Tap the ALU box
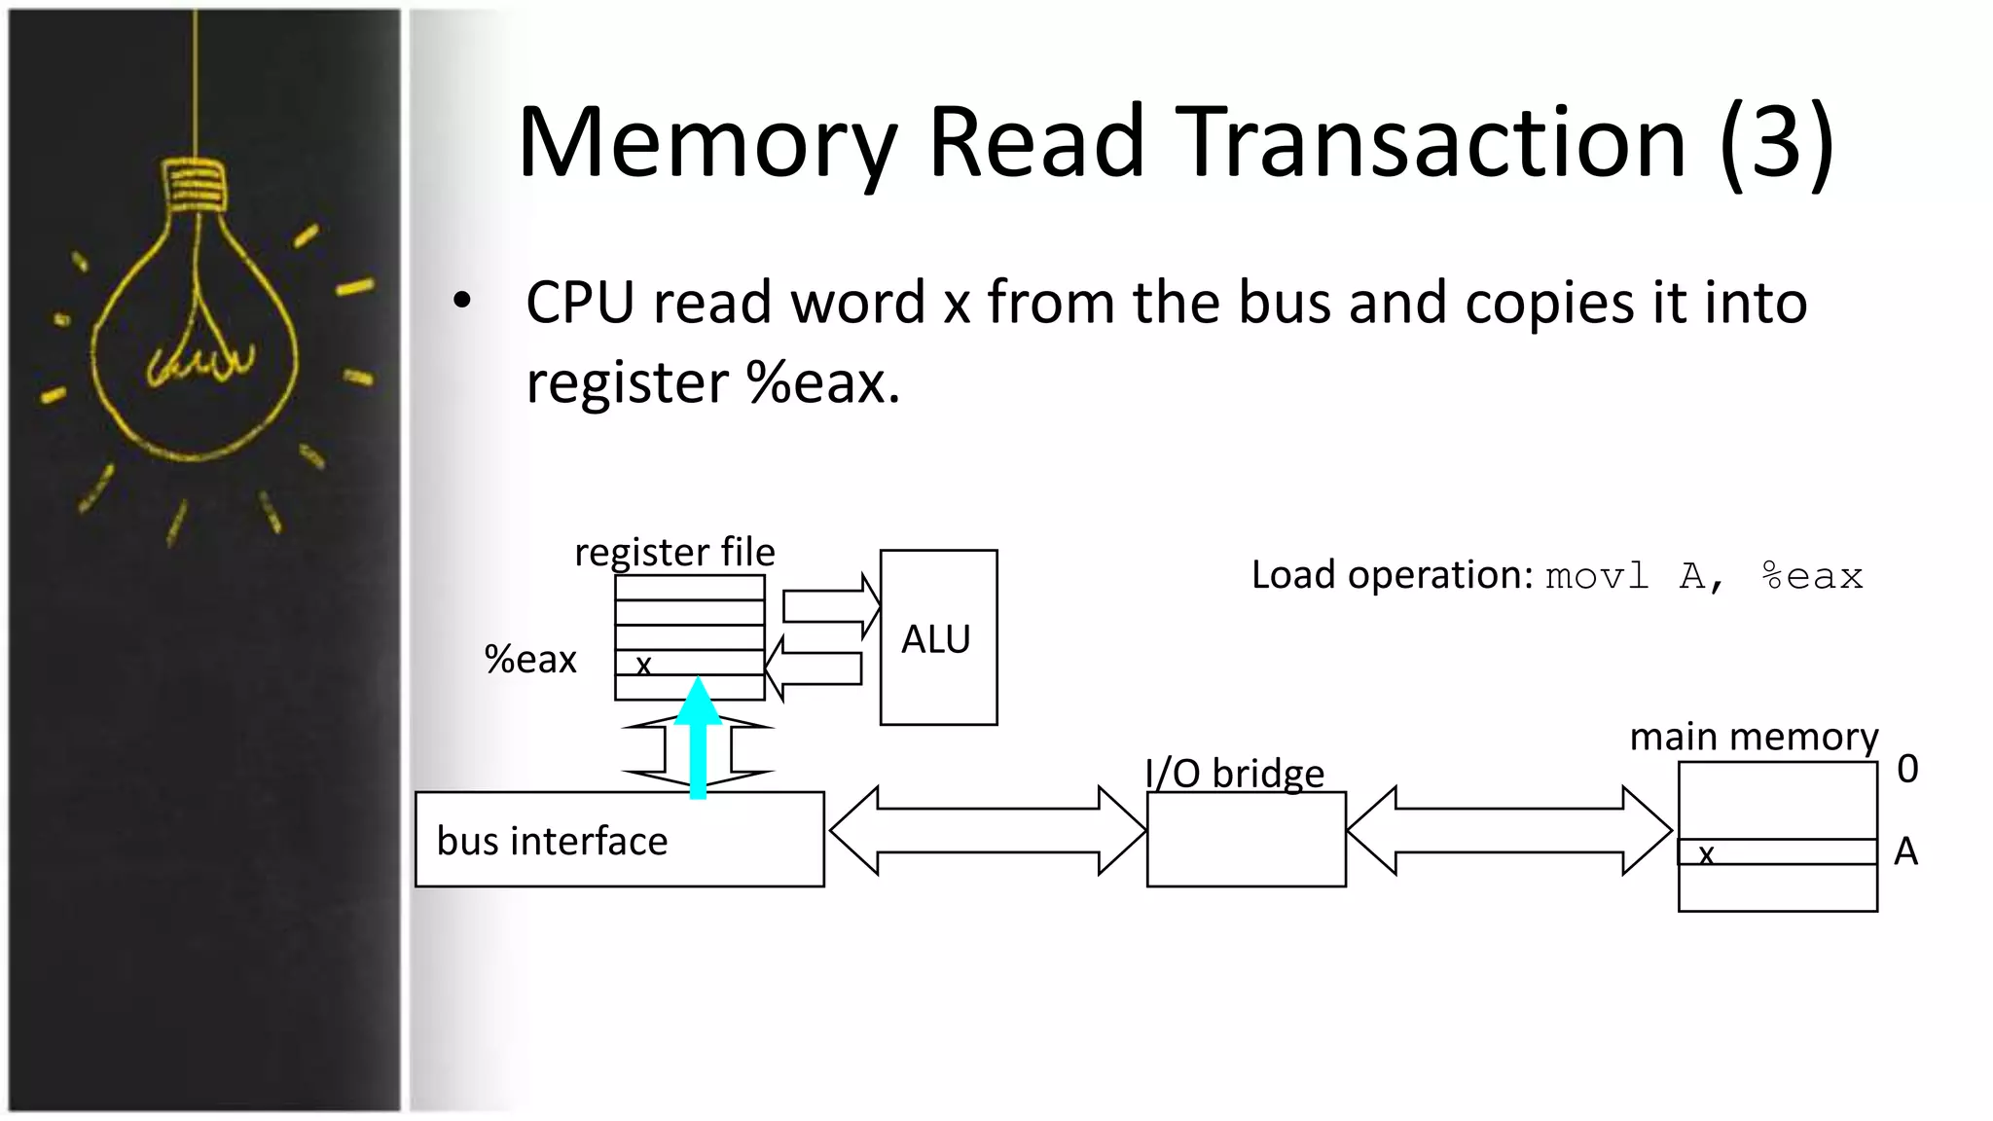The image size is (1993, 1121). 938,637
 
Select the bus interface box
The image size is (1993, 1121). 619,839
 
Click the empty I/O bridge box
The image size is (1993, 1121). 1246,839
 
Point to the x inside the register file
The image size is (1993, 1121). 643,665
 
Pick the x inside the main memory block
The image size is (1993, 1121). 1706,853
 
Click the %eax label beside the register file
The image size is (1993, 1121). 530,660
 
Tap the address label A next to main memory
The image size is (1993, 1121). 1905,851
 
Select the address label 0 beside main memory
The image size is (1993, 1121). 1907,769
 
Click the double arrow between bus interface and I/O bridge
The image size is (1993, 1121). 987,831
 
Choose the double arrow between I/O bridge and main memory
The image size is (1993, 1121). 1509,831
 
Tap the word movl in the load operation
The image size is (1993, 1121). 1597,576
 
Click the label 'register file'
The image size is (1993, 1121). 674,552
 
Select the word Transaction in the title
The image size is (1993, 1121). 1431,142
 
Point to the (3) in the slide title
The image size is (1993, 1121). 1777,142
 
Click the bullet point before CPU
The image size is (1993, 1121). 462,301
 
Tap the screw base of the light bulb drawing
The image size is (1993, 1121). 195,185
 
